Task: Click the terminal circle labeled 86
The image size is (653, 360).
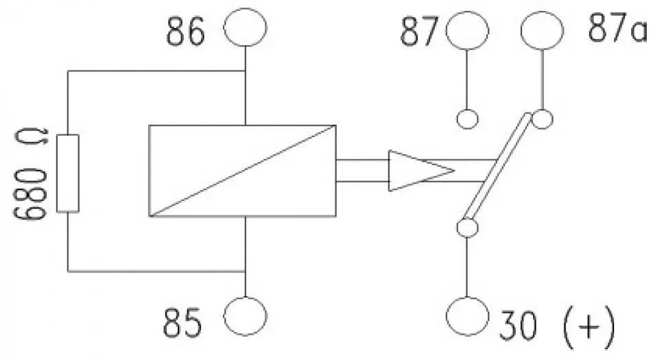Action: (246, 27)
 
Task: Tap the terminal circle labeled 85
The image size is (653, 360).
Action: (246, 316)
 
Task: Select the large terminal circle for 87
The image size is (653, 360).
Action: (467, 31)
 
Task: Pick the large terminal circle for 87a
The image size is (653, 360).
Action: (542, 31)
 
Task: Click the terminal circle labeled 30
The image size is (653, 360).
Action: (467, 316)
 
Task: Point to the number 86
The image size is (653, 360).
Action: (186, 32)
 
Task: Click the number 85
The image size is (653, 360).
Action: (183, 323)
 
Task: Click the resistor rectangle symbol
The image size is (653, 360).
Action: (68, 173)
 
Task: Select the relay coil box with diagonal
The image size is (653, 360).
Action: (242, 171)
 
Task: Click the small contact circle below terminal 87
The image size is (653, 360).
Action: (467, 119)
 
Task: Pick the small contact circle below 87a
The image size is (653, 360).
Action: (542, 119)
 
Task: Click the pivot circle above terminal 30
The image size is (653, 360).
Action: (467, 228)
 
